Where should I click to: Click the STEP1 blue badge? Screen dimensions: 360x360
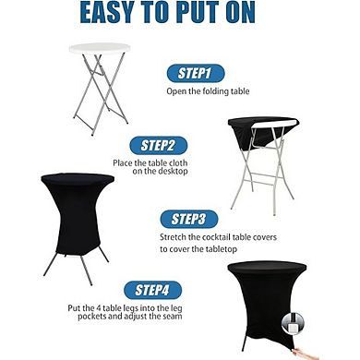pos(196,73)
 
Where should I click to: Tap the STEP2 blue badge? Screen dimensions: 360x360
pos(158,146)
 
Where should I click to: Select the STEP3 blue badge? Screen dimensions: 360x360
pos(189,220)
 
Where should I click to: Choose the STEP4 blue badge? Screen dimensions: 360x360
pos(152,290)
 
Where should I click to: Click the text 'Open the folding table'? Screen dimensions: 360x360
pos(208,91)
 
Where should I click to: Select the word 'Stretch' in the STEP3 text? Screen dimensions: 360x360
pos(173,237)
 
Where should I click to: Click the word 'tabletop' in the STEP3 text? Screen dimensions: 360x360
pos(221,249)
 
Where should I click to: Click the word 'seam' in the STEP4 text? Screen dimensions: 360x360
pos(172,317)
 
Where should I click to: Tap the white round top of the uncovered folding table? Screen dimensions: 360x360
pos(100,48)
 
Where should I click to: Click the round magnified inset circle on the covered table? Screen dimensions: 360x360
pos(293,324)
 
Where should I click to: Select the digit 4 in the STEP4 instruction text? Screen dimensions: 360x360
pos(100,308)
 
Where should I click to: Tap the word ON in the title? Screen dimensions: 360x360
pos(240,13)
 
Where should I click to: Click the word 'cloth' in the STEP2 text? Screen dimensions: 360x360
pos(178,162)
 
